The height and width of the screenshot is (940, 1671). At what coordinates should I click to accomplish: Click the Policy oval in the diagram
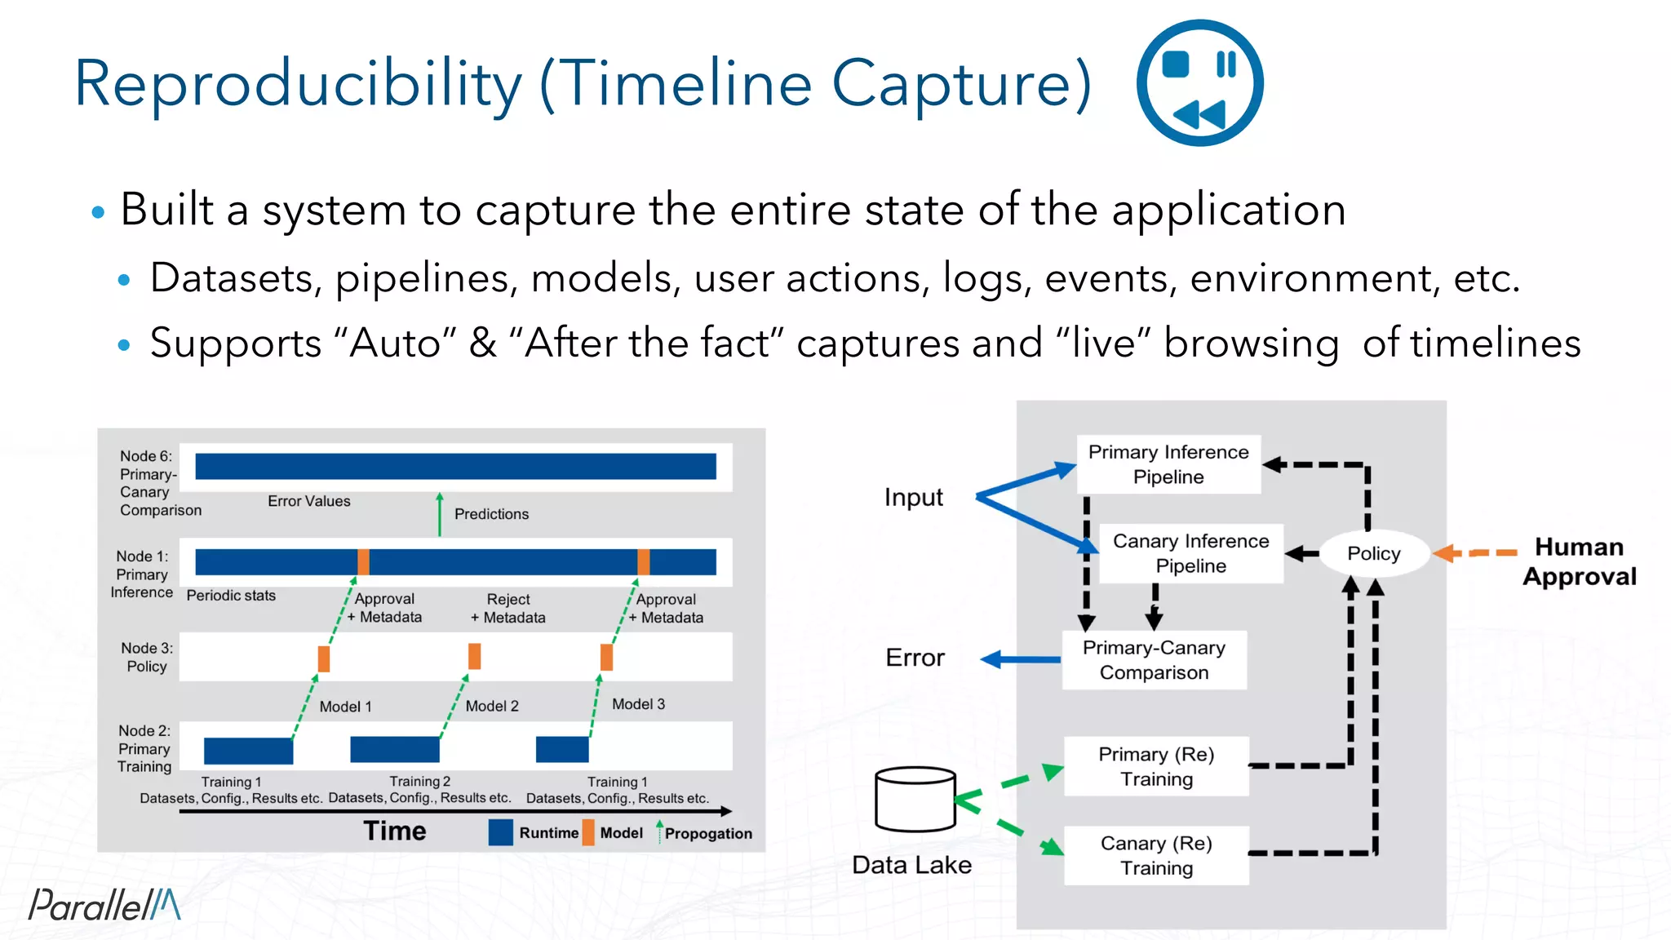click(x=1373, y=553)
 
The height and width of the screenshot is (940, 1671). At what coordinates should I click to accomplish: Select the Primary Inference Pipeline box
click(x=1168, y=464)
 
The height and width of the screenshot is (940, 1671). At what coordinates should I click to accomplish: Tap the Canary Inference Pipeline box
click(x=1190, y=553)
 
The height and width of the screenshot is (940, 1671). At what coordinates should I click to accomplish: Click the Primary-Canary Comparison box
click(x=1154, y=659)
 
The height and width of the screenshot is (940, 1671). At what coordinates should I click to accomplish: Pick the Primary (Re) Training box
click(x=1156, y=766)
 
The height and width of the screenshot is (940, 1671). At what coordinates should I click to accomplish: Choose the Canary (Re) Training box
click(x=1156, y=855)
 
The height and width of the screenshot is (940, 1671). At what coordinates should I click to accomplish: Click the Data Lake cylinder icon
click(x=915, y=799)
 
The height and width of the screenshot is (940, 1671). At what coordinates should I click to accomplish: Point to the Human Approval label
click(x=1579, y=561)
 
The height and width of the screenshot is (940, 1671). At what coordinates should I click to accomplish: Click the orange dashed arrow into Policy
click(x=1475, y=553)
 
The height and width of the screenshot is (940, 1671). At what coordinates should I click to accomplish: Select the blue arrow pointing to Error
click(x=1020, y=659)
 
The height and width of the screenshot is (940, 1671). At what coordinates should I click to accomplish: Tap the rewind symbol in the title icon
click(x=1199, y=115)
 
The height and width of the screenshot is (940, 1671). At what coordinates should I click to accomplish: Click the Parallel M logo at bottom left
click(x=104, y=904)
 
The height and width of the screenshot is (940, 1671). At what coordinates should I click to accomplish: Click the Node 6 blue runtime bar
click(x=455, y=466)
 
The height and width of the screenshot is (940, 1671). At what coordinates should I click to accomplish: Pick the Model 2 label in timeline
click(x=492, y=706)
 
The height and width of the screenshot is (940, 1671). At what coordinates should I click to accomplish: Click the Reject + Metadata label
click(x=508, y=609)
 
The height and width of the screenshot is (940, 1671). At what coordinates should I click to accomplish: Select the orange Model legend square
click(x=588, y=832)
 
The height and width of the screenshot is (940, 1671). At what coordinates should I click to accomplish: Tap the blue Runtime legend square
click(x=500, y=832)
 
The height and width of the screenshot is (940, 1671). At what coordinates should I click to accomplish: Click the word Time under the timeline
click(x=395, y=831)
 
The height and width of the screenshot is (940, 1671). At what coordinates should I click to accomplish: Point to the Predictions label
click(x=491, y=514)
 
